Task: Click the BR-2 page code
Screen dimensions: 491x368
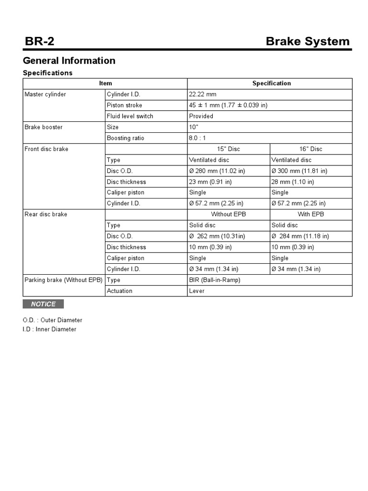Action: (x=40, y=42)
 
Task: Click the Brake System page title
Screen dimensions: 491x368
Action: (x=308, y=42)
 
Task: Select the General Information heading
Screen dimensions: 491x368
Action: (x=69, y=60)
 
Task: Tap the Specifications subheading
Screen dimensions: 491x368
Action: (x=48, y=73)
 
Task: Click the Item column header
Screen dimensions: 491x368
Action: (x=105, y=83)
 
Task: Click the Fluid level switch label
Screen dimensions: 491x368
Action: (x=130, y=116)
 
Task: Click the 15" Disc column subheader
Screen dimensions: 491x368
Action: (x=229, y=149)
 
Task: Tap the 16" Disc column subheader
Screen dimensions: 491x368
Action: (x=311, y=149)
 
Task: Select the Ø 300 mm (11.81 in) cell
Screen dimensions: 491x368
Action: (x=299, y=171)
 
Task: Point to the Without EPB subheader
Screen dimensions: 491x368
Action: (x=229, y=214)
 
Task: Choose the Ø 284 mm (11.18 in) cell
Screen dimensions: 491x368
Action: (x=300, y=236)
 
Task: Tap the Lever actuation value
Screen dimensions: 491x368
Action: (x=197, y=291)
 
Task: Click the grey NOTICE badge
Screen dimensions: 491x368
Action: (x=43, y=304)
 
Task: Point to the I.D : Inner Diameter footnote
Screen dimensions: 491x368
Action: (x=49, y=329)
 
